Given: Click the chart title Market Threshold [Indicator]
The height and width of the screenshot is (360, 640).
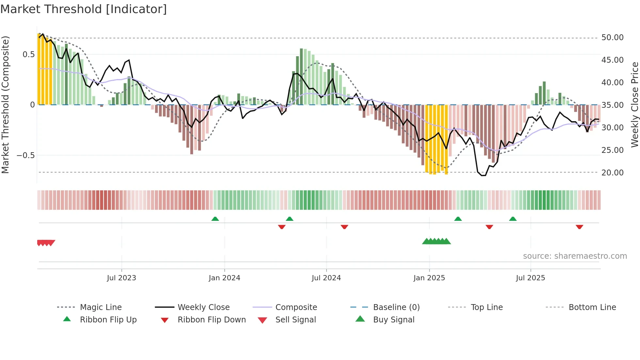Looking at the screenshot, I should point(84,9).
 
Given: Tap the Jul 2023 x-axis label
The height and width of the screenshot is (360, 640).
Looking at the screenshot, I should point(121,278).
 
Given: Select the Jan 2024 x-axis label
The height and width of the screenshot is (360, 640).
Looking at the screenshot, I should point(224,278).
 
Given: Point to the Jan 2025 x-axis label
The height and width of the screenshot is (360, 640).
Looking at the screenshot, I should point(429,278).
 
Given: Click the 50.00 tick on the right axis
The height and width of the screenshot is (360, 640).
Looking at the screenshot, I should point(612,38).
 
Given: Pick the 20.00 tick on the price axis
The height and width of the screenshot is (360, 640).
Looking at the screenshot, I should point(612,172).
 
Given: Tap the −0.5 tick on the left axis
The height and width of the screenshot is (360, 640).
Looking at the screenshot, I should point(26,155).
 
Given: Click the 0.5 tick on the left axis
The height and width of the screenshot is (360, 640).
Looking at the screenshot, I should point(28,55).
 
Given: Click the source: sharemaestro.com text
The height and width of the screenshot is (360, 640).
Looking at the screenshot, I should point(575,256).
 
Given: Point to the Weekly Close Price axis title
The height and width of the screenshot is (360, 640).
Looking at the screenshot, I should point(634,105).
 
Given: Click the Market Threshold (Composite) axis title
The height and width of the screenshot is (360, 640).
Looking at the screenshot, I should point(5,105).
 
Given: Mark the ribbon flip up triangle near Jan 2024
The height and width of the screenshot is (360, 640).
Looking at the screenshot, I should point(215,219).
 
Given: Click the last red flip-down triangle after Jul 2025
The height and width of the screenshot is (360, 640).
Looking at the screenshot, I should point(579,227).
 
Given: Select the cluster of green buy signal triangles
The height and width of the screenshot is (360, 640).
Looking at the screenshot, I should point(436,241).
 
